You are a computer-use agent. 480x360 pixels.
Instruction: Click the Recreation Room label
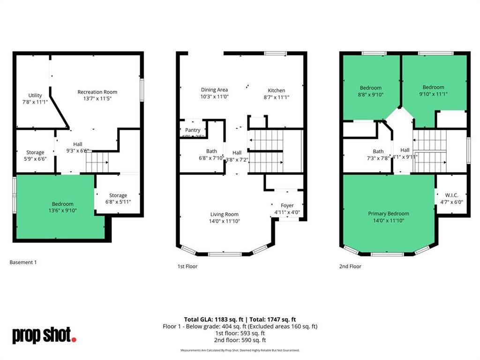(x=97, y=92)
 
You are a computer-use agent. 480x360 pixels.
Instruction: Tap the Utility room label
(x=35, y=96)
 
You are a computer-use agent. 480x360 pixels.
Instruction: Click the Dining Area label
(x=214, y=90)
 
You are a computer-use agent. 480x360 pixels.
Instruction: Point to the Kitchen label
(x=276, y=90)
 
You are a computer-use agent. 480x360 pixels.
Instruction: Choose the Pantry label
(x=193, y=130)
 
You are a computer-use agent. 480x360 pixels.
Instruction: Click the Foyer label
(x=287, y=206)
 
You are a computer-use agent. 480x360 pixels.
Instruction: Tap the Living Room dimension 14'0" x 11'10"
(x=225, y=221)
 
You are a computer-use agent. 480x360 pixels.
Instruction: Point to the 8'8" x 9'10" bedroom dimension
(x=370, y=94)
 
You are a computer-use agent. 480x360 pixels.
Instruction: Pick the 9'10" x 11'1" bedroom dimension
(x=433, y=94)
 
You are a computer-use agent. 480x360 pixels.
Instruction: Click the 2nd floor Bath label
(x=378, y=151)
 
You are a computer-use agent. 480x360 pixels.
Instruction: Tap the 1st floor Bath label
(x=211, y=151)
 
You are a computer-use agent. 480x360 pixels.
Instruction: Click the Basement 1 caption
(x=23, y=262)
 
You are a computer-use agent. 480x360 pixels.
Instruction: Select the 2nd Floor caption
(x=350, y=266)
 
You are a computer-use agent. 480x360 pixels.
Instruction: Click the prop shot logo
(x=44, y=335)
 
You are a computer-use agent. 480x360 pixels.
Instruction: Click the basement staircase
(x=97, y=162)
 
